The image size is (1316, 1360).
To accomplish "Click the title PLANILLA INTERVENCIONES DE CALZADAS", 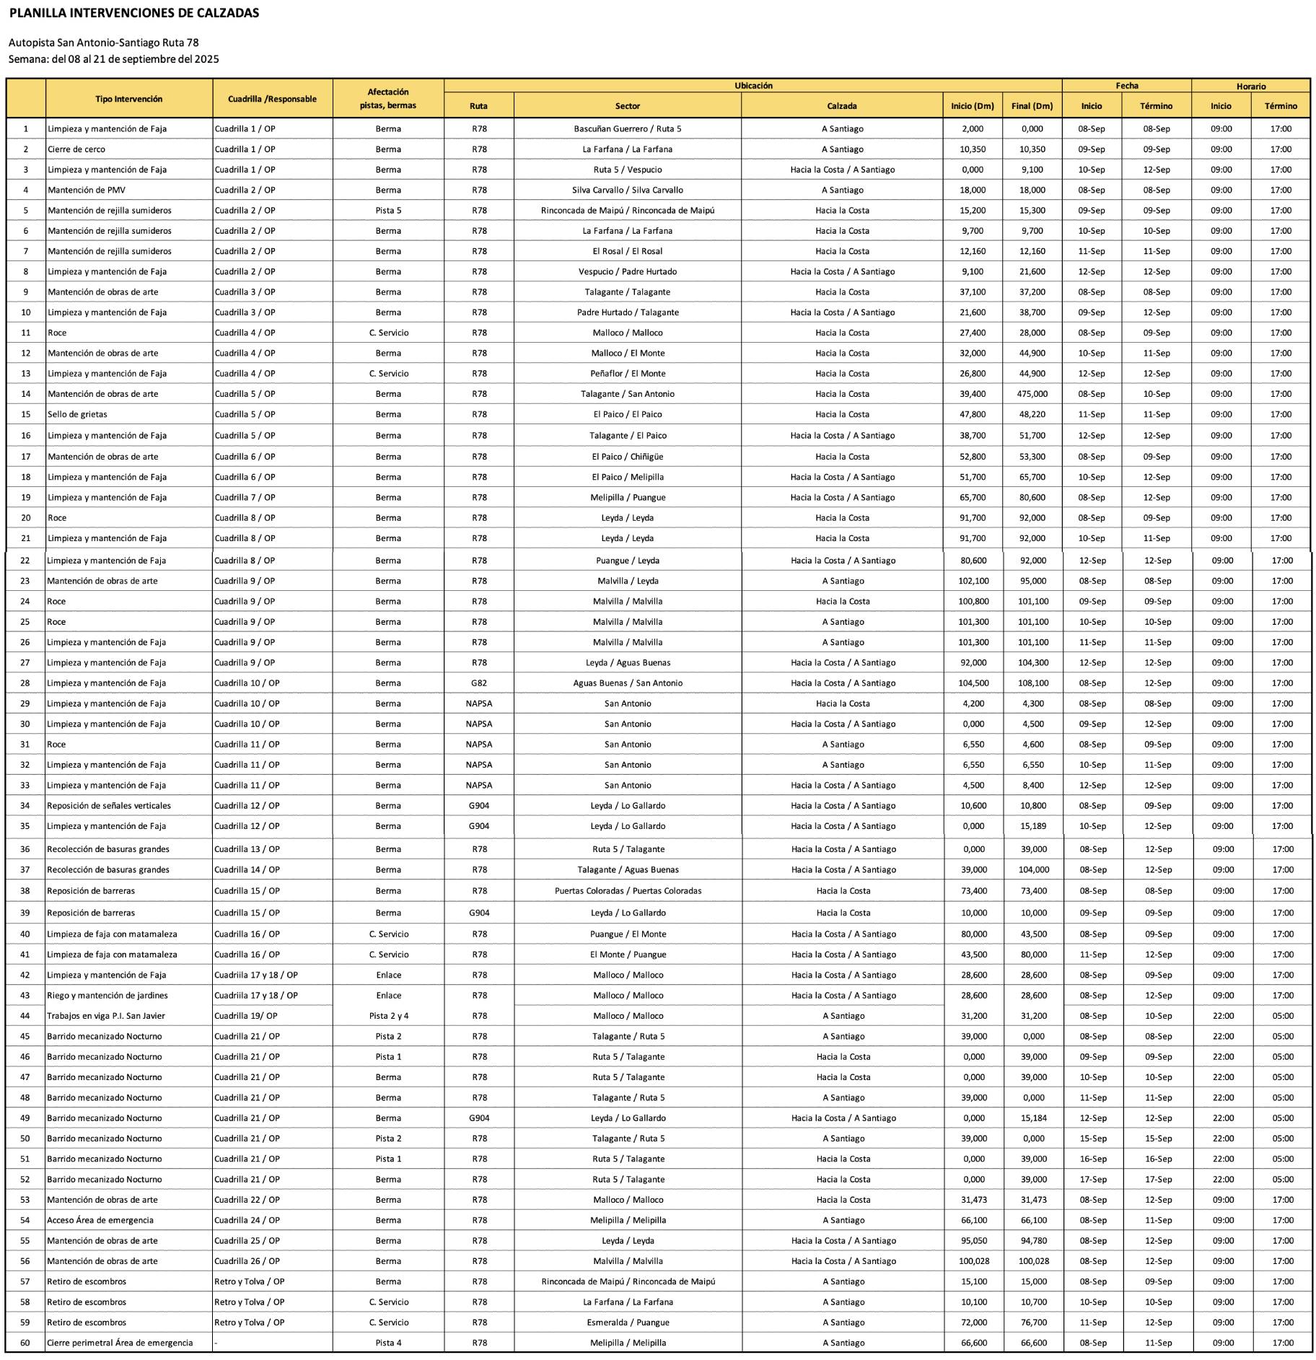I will pos(134,13).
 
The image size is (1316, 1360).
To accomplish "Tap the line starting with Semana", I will pos(114,59).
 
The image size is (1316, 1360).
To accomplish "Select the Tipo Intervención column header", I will pos(128,99).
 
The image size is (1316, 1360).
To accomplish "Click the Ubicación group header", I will pos(753,86).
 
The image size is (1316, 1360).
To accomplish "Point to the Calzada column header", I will pos(841,106).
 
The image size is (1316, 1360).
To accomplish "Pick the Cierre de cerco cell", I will pos(76,149).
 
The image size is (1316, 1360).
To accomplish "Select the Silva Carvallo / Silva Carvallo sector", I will pos(627,190).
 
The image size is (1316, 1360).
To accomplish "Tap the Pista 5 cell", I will pos(388,211).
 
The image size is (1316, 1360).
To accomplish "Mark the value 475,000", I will pos(1032,394).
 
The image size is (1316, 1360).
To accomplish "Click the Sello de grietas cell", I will pos(77,414).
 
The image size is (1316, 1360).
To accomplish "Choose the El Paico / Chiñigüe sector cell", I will pos(627,457).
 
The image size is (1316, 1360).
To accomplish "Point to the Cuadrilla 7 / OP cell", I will pos(245,497).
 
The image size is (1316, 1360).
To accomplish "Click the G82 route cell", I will pos(479,683).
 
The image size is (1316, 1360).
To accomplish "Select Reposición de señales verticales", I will pos(109,805).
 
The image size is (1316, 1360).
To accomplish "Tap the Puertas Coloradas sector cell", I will pos(628,890).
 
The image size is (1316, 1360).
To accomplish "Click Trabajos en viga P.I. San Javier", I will pos(106,1015).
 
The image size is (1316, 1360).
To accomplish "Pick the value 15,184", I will pos(1033,1118).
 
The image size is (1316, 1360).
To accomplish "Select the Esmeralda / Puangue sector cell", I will pos(628,1322).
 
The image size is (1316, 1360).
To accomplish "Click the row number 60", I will pos(25,1343).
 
